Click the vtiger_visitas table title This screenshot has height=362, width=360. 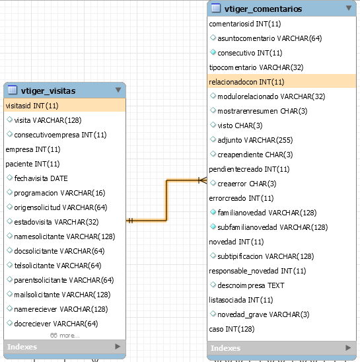coord(48,90)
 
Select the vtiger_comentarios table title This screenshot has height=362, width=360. coord(263,9)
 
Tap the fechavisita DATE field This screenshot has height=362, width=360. coord(41,178)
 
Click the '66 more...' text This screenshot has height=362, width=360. coord(65,335)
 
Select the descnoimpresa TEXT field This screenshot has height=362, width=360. coord(251,285)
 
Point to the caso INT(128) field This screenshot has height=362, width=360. coord(232,329)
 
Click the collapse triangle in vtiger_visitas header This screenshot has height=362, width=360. coord(118,90)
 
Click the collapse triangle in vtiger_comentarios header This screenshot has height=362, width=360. coord(349,8)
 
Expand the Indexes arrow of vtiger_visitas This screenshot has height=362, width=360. coord(118,346)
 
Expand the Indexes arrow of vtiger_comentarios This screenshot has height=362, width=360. coord(348,347)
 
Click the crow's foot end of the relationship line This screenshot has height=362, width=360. coord(203,180)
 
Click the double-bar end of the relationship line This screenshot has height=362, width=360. coord(131,221)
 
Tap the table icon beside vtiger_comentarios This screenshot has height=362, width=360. coord(216,8)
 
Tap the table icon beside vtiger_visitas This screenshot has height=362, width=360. coord(13,90)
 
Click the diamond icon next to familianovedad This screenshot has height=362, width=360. coord(213,212)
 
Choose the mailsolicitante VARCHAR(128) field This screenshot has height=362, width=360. coord(62,295)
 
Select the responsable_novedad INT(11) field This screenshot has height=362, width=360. coord(258,271)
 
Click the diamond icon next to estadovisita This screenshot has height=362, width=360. coord(9,221)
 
